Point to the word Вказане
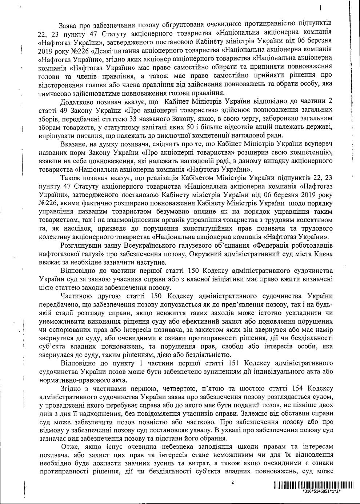(x=73, y=144)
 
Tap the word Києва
(x=321, y=254)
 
